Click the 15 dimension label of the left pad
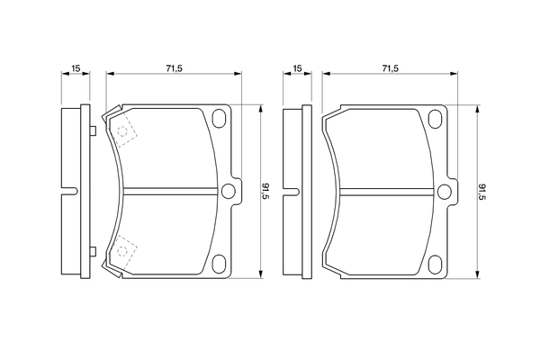(x=76, y=69)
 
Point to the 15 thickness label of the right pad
(x=298, y=69)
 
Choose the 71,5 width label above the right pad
(x=390, y=69)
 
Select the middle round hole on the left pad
(x=229, y=190)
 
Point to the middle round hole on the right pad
(x=445, y=190)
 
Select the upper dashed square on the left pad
(x=124, y=131)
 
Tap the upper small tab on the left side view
(x=93, y=131)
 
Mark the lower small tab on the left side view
(x=93, y=249)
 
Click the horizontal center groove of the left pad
(x=171, y=190)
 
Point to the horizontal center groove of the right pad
(x=387, y=190)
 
